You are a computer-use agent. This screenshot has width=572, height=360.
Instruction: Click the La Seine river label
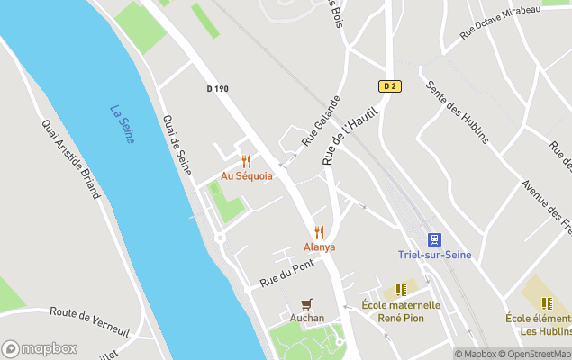tap(122, 124)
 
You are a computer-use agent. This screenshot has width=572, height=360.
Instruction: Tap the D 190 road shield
tap(217, 88)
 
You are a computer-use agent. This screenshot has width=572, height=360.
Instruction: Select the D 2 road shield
tap(388, 86)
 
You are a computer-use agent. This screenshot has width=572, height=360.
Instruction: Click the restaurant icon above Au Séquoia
tap(246, 161)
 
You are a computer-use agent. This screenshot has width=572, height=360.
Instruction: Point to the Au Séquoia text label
tap(246, 176)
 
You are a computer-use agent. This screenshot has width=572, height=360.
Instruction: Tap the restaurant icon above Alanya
tap(319, 232)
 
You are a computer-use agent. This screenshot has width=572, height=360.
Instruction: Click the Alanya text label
tap(319, 247)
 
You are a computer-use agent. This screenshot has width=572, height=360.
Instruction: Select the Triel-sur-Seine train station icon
tap(434, 239)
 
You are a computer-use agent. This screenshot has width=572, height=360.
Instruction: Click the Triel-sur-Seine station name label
tap(435, 255)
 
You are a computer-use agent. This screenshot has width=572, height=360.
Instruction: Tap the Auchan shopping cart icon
tap(306, 303)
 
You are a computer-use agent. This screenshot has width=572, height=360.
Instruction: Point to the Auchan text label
tap(306, 318)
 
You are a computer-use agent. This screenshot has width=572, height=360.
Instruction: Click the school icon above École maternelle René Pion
tap(401, 290)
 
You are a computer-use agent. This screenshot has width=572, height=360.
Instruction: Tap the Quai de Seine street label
tap(177, 144)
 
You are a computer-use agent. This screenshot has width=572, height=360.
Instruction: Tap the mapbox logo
tap(39, 348)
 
